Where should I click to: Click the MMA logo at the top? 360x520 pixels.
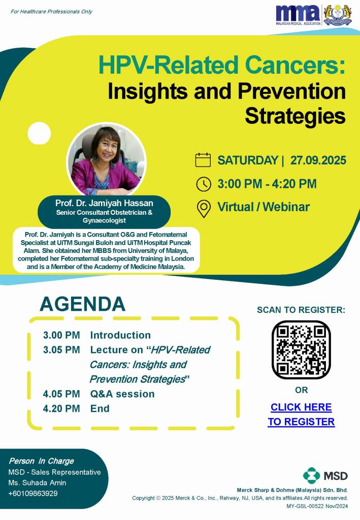[299, 15]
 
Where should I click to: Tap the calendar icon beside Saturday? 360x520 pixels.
[203, 160]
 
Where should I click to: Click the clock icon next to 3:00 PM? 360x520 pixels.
[204, 184]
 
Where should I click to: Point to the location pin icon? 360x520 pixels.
[204, 209]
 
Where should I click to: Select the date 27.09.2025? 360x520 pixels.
[318, 160]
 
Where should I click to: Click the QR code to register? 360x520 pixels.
[301, 349]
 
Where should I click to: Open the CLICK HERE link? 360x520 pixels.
[301, 407]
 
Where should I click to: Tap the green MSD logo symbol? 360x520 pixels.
[311, 476]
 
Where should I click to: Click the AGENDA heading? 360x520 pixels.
[83, 304]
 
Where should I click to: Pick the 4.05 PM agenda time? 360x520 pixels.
[61, 394]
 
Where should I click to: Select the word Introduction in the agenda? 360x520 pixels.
[120, 335]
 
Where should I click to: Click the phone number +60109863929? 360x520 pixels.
[33, 494]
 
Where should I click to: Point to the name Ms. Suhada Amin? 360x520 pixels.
[37, 482]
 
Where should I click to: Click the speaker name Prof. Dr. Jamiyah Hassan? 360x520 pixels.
[104, 203]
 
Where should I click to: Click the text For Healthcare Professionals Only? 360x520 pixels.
[51, 12]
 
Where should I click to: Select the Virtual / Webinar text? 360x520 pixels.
[264, 207]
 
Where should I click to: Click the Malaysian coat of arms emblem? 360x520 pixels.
[338, 15]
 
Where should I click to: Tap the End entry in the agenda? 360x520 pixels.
[100, 408]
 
